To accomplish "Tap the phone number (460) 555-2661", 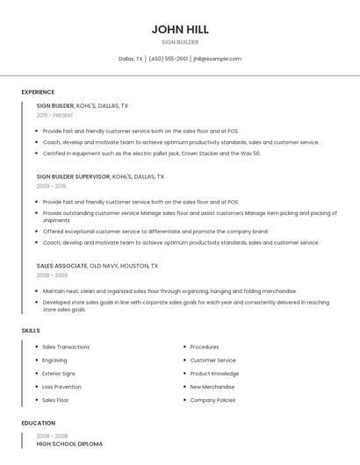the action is point(168,59).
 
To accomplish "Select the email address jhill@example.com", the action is point(217,59).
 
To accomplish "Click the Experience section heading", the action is point(38,92).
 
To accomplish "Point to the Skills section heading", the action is point(31,330).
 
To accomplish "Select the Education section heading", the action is point(38,423).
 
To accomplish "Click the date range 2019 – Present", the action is point(55,115).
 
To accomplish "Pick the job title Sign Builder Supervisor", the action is point(73,176).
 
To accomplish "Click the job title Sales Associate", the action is point(61,265).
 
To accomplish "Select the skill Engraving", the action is point(54,360).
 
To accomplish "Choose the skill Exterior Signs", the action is point(59,373).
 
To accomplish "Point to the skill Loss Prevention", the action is point(61,386).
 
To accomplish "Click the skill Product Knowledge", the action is point(214,373).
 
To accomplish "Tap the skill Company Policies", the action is point(212,399).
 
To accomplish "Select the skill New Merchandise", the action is point(212,386).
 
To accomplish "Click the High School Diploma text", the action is point(69,444).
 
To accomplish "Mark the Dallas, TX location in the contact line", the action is point(131,59).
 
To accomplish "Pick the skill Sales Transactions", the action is point(66,347).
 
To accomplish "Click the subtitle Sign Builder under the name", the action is point(180,42).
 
